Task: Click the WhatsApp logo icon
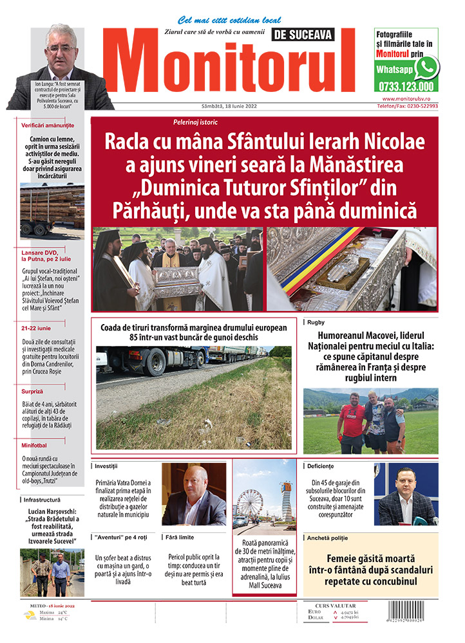pyautogui.click(x=426, y=68)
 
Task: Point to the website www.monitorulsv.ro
pyautogui.click(x=410, y=99)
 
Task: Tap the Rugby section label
pyautogui.click(x=316, y=322)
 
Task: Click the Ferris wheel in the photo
pyautogui.click(x=249, y=503)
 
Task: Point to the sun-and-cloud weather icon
pyautogui.click(x=30, y=615)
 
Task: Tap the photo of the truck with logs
pyautogui.click(x=52, y=212)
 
